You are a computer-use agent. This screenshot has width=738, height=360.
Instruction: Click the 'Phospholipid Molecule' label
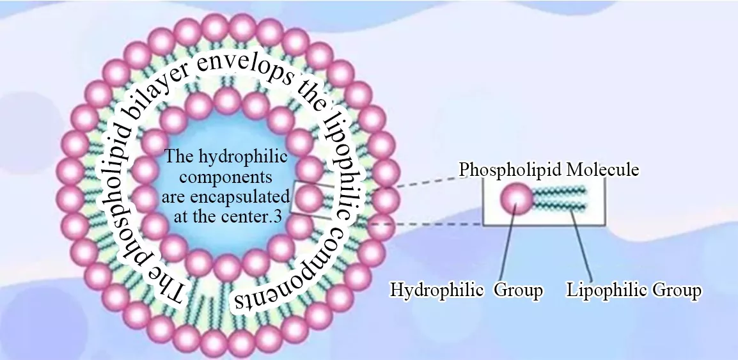[x=549, y=170]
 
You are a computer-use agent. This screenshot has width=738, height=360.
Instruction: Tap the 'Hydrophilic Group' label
[x=466, y=290]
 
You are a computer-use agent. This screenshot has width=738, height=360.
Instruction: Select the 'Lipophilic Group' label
[x=634, y=290]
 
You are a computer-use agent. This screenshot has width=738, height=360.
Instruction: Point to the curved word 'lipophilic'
[x=333, y=148]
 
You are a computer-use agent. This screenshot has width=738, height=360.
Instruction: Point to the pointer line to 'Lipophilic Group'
[x=582, y=246]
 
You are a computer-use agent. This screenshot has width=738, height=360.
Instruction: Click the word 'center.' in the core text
[x=246, y=216]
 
